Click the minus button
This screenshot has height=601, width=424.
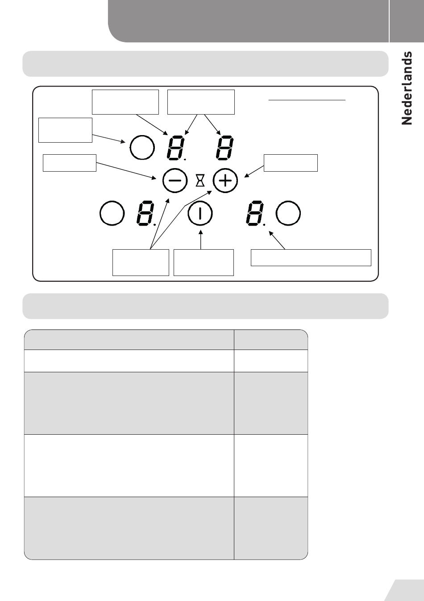[x=175, y=181]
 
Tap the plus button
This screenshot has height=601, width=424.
[x=225, y=181]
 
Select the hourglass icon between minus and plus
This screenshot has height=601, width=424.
[x=200, y=181]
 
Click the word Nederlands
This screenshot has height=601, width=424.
[x=407, y=88]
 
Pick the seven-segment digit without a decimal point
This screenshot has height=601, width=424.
[x=224, y=148]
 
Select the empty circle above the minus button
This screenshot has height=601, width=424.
[x=142, y=148]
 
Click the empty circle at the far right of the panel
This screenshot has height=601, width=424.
[x=288, y=214]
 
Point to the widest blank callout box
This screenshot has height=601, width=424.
[x=311, y=258]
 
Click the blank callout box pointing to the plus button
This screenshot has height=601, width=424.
[x=291, y=163]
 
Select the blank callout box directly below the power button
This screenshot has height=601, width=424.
[x=204, y=263]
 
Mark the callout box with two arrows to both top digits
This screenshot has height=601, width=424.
[x=200, y=102]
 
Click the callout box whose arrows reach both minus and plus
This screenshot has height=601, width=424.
[x=141, y=263]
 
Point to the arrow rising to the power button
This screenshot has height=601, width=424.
[x=201, y=236]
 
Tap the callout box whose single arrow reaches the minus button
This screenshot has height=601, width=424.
[x=69, y=163]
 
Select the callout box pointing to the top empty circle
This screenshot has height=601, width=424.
[x=65, y=130]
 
